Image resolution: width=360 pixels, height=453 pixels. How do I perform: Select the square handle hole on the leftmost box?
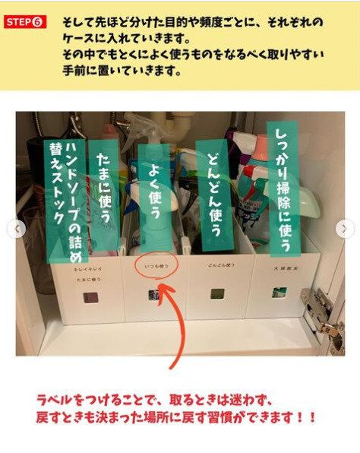[87, 296]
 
